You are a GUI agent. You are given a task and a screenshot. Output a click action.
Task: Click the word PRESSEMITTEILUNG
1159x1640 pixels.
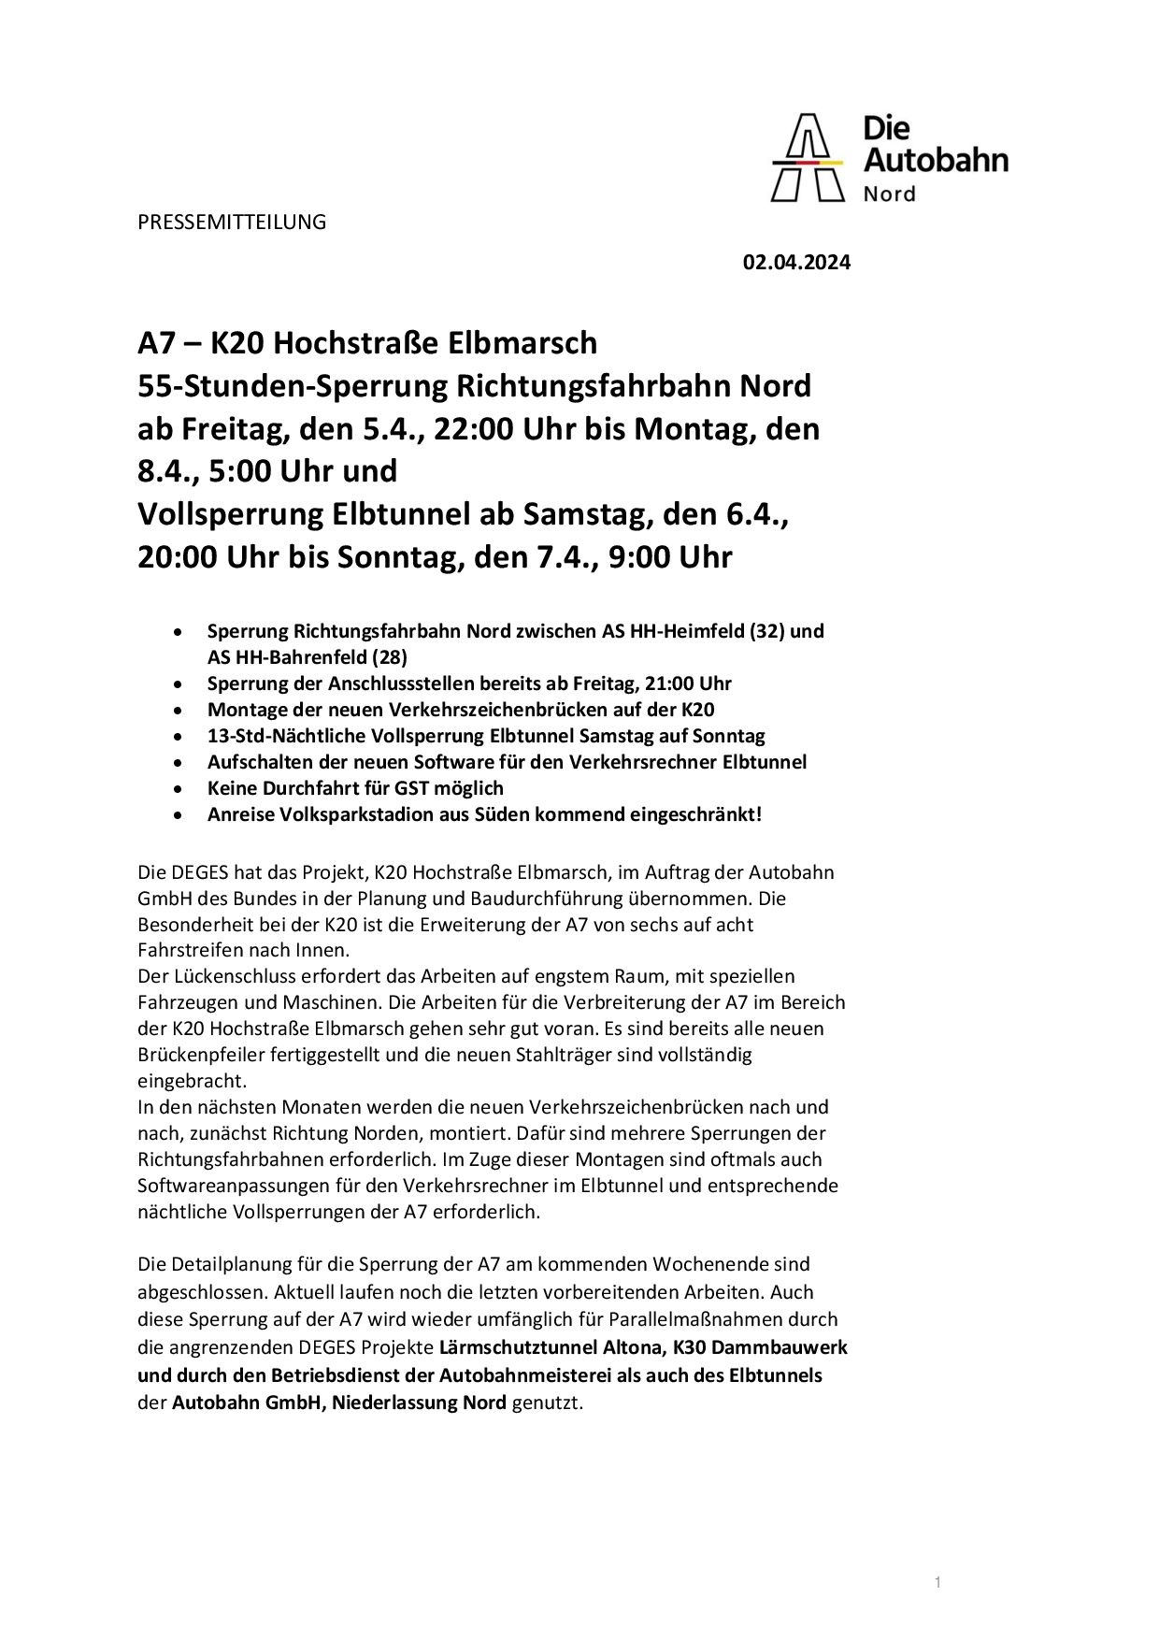(232, 223)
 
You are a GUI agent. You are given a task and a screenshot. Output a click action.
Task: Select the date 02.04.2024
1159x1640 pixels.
(796, 263)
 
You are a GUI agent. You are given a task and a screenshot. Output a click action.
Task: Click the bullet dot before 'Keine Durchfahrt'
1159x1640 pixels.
(178, 788)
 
